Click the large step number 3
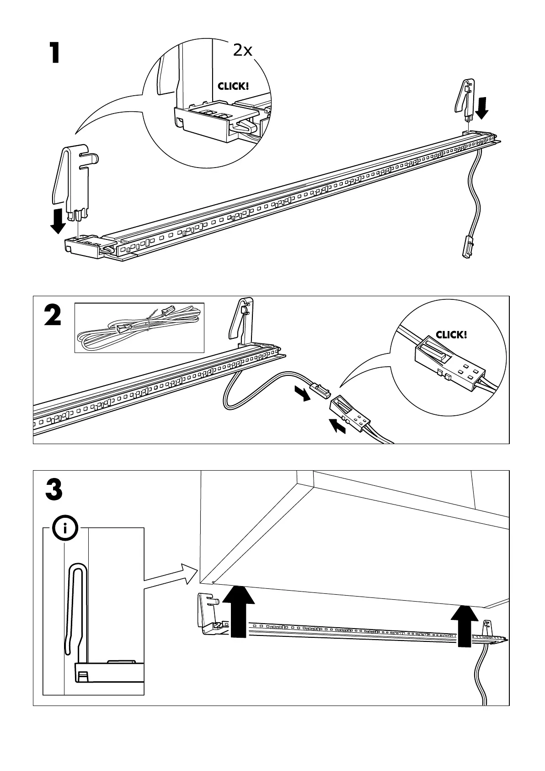click(x=54, y=490)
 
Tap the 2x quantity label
click(x=242, y=50)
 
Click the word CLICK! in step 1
click(x=233, y=86)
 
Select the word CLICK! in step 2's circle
click(x=451, y=335)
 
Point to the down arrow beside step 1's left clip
click(x=58, y=221)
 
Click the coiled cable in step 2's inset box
click(x=137, y=327)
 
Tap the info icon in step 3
click(x=64, y=529)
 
